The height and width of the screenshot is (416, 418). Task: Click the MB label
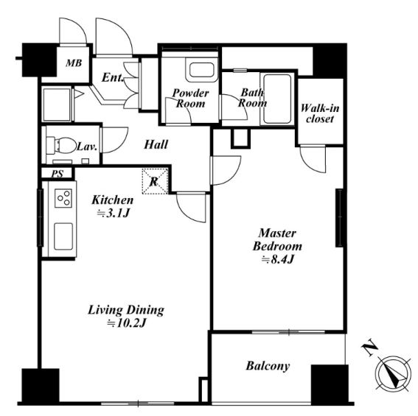[74, 63]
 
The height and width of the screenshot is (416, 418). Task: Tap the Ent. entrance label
[113, 77]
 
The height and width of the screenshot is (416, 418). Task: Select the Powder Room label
[191, 98]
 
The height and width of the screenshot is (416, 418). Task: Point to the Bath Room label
[252, 98]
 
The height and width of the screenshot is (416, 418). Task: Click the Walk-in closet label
[320, 113]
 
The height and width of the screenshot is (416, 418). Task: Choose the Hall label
[156, 144]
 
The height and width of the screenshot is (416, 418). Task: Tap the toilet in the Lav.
[61, 145]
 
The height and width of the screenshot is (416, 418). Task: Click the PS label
[58, 174]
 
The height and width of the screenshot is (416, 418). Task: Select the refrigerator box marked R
[155, 181]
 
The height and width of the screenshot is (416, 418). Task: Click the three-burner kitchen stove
[63, 198]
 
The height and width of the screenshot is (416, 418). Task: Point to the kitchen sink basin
[63, 236]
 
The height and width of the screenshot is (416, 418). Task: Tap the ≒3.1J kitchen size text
[113, 213]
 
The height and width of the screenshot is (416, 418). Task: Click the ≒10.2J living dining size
[127, 323]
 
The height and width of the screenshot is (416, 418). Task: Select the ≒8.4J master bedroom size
[277, 259]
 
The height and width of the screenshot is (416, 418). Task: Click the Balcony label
[268, 366]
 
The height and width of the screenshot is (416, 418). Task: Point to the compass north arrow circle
[393, 373]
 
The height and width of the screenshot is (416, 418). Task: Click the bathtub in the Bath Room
[277, 99]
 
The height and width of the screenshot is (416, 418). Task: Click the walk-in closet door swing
[313, 159]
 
